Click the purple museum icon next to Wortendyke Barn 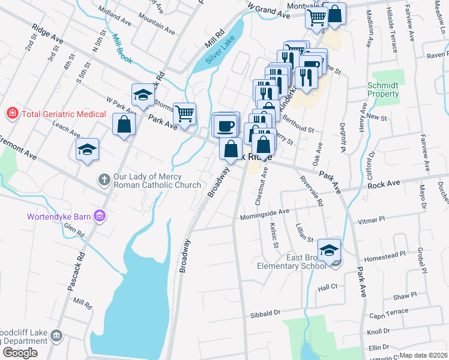(x=100, y=216)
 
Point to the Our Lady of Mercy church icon (x=104, y=179)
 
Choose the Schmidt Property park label (x=383, y=89)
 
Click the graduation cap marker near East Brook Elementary (x=329, y=250)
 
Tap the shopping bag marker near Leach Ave (x=124, y=124)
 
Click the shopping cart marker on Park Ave (x=184, y=113)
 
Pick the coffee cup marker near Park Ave (x=225, y=126)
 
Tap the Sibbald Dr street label (x=265, y=313)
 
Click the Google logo (x=19, y=353)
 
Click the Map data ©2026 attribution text (x=424, y=355)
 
